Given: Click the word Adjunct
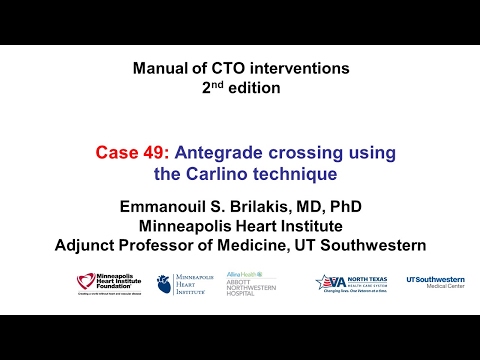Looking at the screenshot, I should pos(88,245).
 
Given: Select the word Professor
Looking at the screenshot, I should pos(166,245).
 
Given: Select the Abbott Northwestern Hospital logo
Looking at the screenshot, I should pos(247,283).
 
